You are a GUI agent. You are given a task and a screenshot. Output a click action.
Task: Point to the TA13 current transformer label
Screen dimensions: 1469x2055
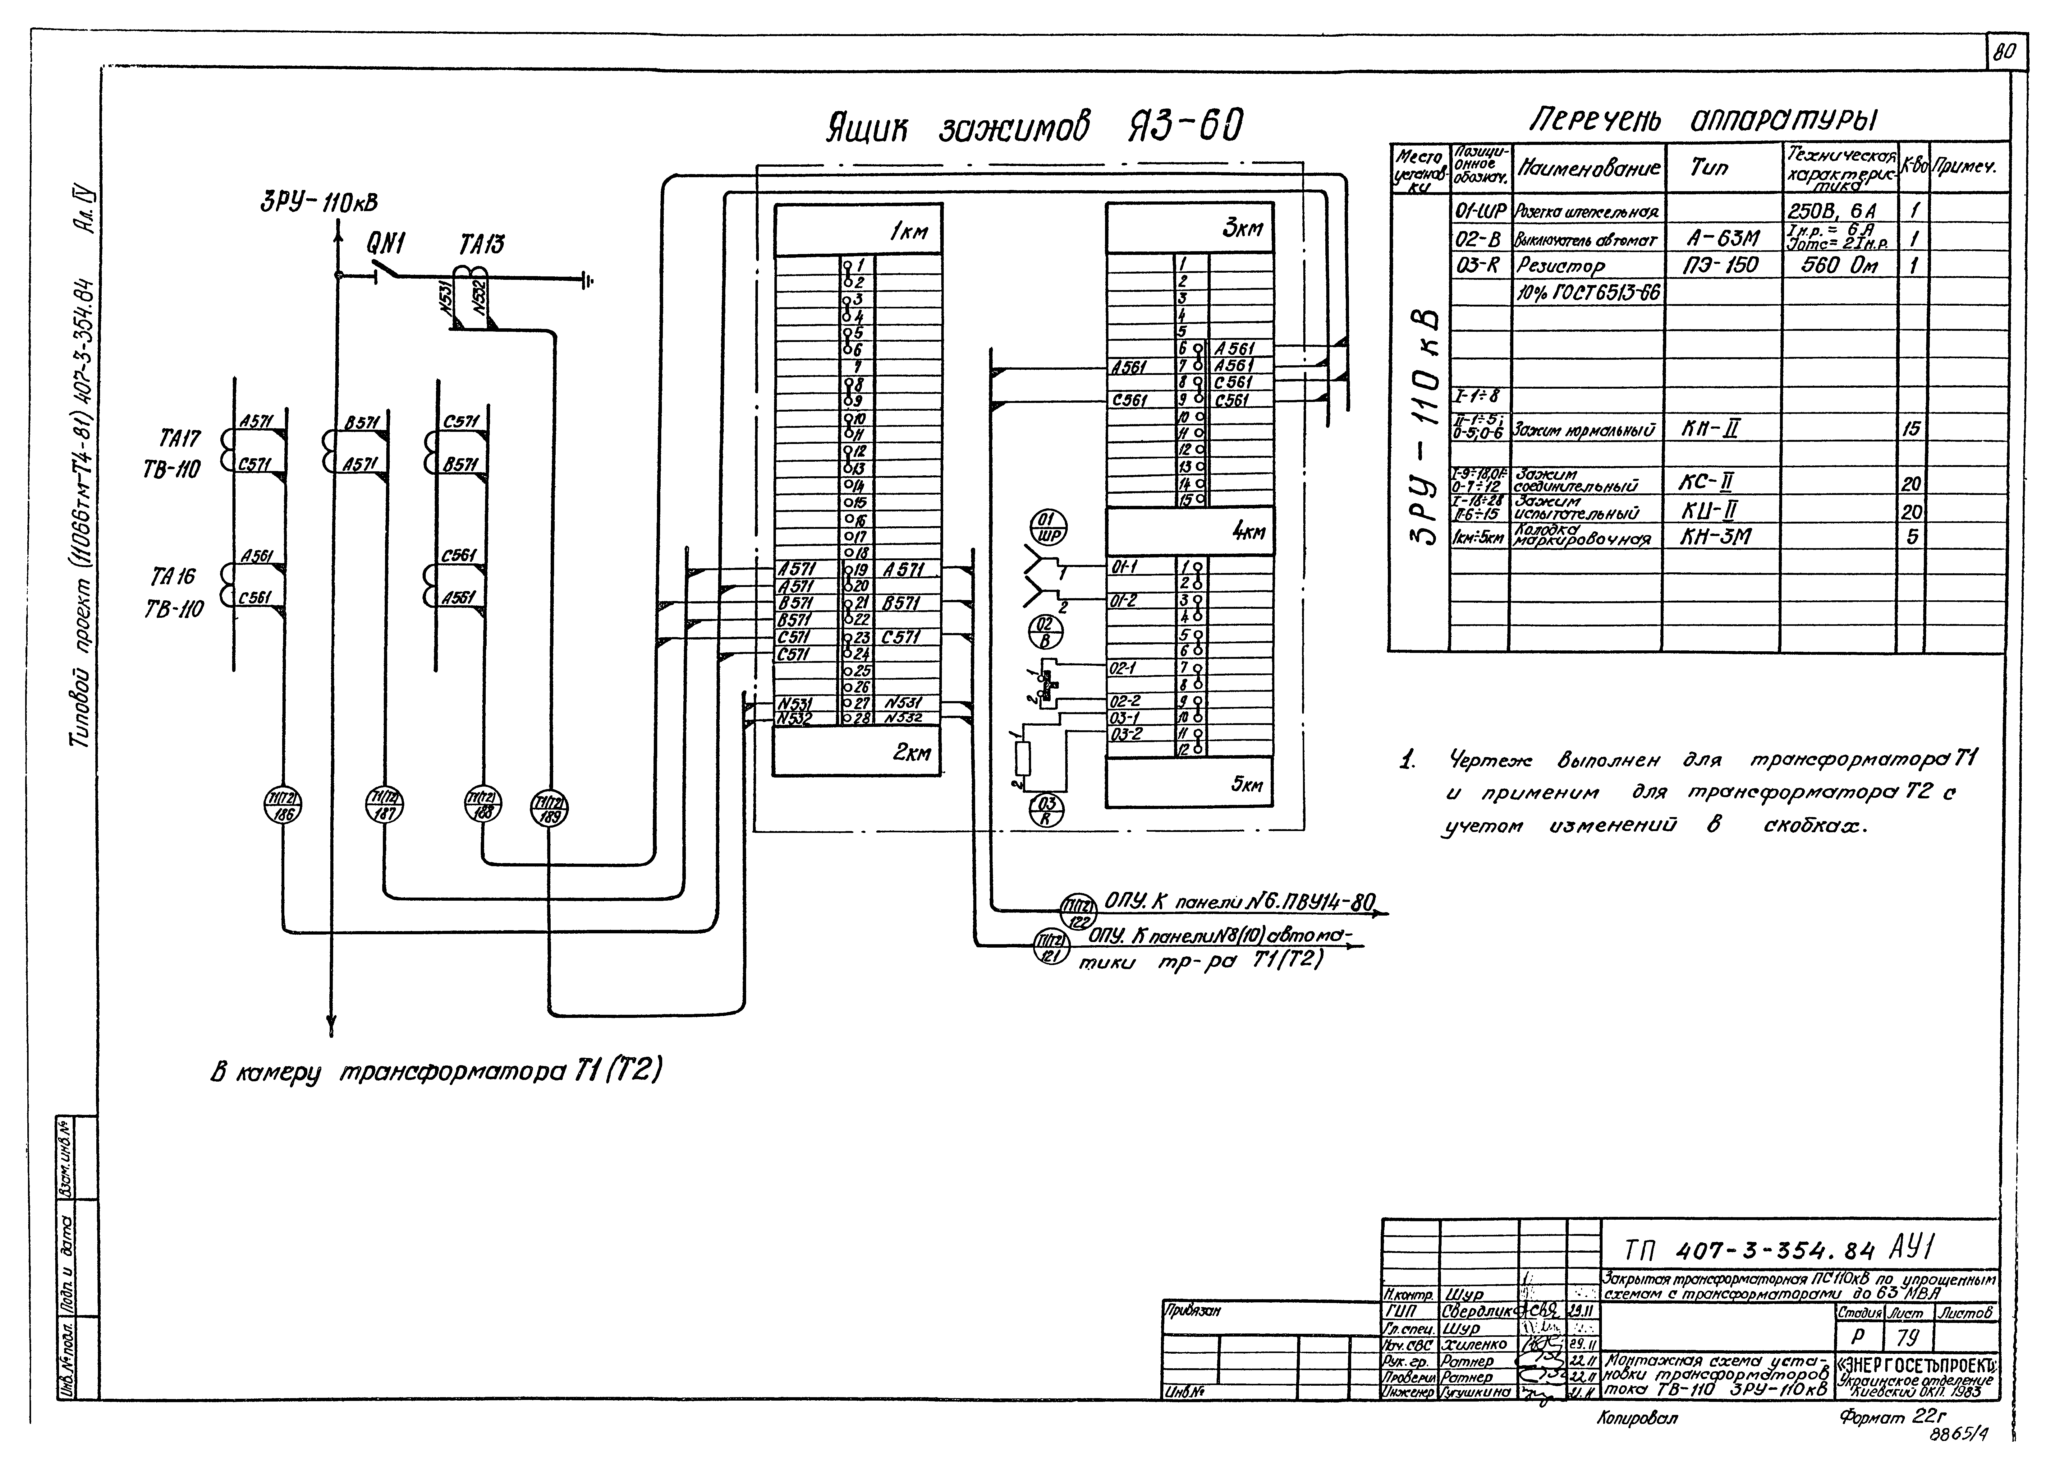click(482, 245)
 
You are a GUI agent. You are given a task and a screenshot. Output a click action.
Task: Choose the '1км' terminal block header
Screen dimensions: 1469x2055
click(909, 233)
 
